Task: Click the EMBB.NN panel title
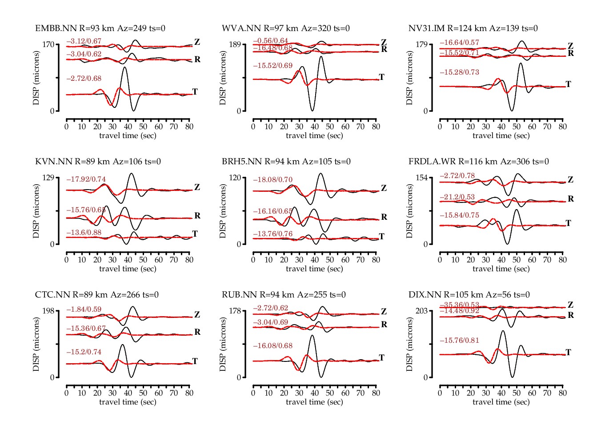tap(100, 28)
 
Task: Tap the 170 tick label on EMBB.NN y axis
tap(48, 44)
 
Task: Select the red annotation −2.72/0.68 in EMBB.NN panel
tap(84, 79)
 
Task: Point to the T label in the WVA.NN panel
tap(381, 77)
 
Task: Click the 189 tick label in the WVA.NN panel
tap(235, 44)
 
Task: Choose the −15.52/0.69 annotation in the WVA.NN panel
tap(273, 66)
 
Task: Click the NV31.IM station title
tap(473, 28)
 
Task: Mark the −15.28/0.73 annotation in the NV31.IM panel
tap(460, 72)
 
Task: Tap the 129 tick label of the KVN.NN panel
tap(48, 178)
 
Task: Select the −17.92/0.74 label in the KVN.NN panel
tap(86, 180)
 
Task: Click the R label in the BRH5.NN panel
tap(384, 217)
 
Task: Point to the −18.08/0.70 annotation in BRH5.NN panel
tap(273, 180)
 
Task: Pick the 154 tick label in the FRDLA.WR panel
tap(421, 178)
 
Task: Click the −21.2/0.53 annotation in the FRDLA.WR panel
tap(457, 197)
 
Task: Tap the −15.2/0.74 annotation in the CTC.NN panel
tap(84, 352)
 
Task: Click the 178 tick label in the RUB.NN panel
tap(235, 311)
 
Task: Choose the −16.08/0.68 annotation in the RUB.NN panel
tap(273, 346)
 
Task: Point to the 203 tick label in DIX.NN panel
tap(421, 311)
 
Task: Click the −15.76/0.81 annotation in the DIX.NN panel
tap(460, 341)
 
